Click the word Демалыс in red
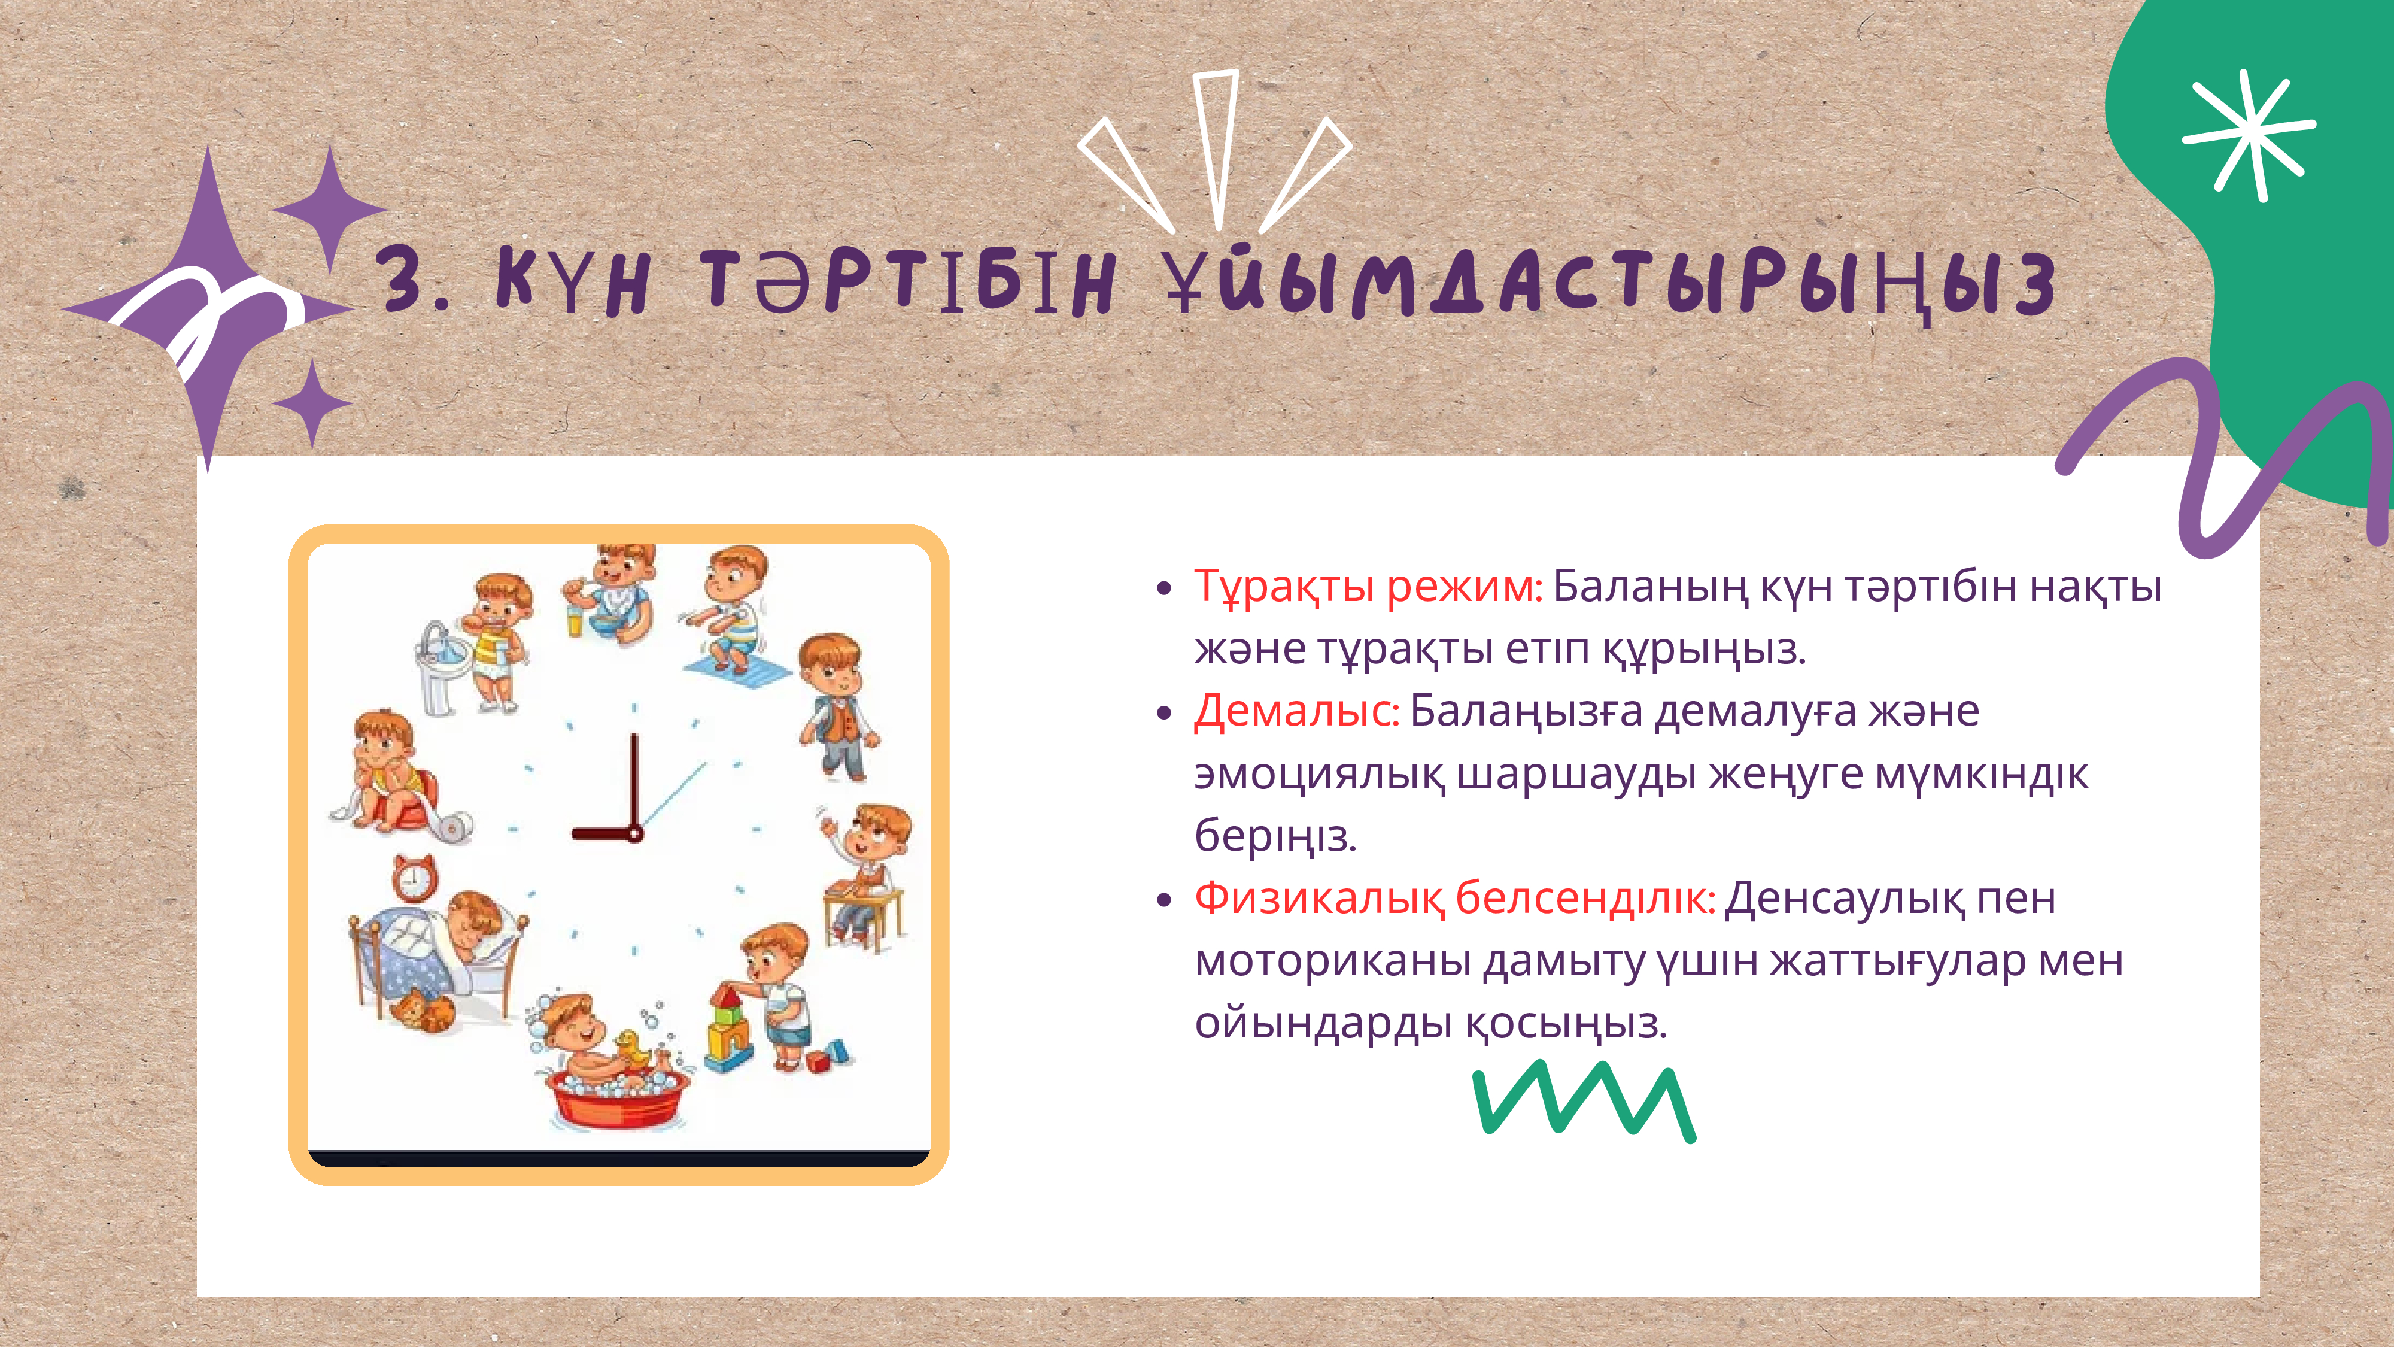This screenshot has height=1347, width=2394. (x=1296, y=711)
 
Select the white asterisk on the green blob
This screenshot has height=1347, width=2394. (x=2249, y=135)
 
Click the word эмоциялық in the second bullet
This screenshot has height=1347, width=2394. (x=1320, y=774)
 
